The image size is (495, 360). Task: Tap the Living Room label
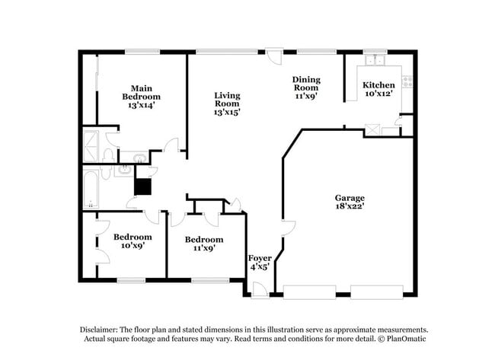[227, 100]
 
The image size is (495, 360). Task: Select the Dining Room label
[306, 83]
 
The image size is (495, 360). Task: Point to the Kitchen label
[378, 84]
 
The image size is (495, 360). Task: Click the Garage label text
[350, 197]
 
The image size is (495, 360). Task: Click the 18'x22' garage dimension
[350, 206]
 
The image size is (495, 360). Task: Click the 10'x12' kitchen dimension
[378, 94]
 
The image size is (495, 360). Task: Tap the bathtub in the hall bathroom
[91, 188]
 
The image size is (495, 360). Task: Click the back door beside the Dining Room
[279, 56]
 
